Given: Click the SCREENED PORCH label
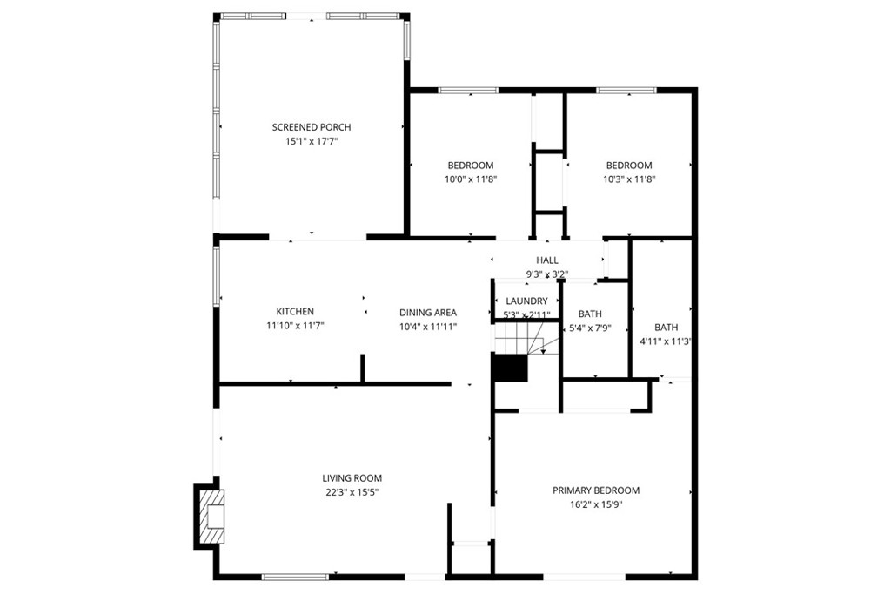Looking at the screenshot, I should (x=311, y=127).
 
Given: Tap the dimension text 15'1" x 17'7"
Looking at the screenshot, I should (x=311, y=141).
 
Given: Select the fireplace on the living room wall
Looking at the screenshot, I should (x=209, y=517).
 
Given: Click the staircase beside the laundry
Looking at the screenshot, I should (x=520, y=337).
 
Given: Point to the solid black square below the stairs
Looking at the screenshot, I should (x=510, y=368).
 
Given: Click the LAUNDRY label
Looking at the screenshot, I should (x=526, y=301).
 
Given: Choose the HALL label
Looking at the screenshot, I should (x=547, y=260).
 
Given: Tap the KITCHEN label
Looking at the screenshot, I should (x=295, y=312).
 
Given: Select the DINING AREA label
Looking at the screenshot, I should (x=427, y=313).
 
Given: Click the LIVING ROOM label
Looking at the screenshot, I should (x=352, y=478).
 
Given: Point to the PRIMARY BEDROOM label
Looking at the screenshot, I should (x=596, y=490).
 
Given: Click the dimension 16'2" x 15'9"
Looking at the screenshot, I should (x=596, y=504).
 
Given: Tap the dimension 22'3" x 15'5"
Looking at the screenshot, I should (x=352, y=492).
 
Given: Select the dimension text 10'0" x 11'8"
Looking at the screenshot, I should (x=471, y=179).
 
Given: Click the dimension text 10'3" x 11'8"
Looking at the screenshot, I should (x=628, y=179).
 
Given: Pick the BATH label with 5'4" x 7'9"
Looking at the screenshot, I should (x=590, y=314).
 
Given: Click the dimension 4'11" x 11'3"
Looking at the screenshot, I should (x=666, y=342).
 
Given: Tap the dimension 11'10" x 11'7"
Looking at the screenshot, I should (x=295, y=326).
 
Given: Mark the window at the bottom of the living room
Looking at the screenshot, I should (x=295, y=576).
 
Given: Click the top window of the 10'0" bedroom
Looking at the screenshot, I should (x=468, y=90).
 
